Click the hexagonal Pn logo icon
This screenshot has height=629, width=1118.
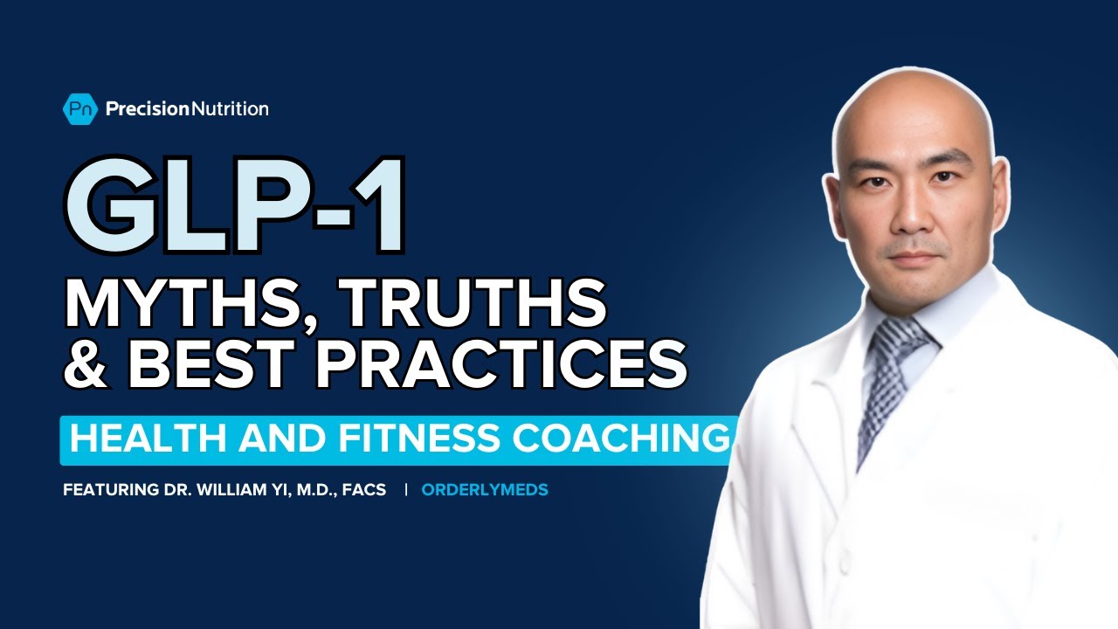80,108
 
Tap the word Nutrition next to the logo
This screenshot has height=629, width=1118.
230,108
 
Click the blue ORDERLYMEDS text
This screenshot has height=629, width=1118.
485,490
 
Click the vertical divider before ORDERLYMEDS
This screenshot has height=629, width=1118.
405,490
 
